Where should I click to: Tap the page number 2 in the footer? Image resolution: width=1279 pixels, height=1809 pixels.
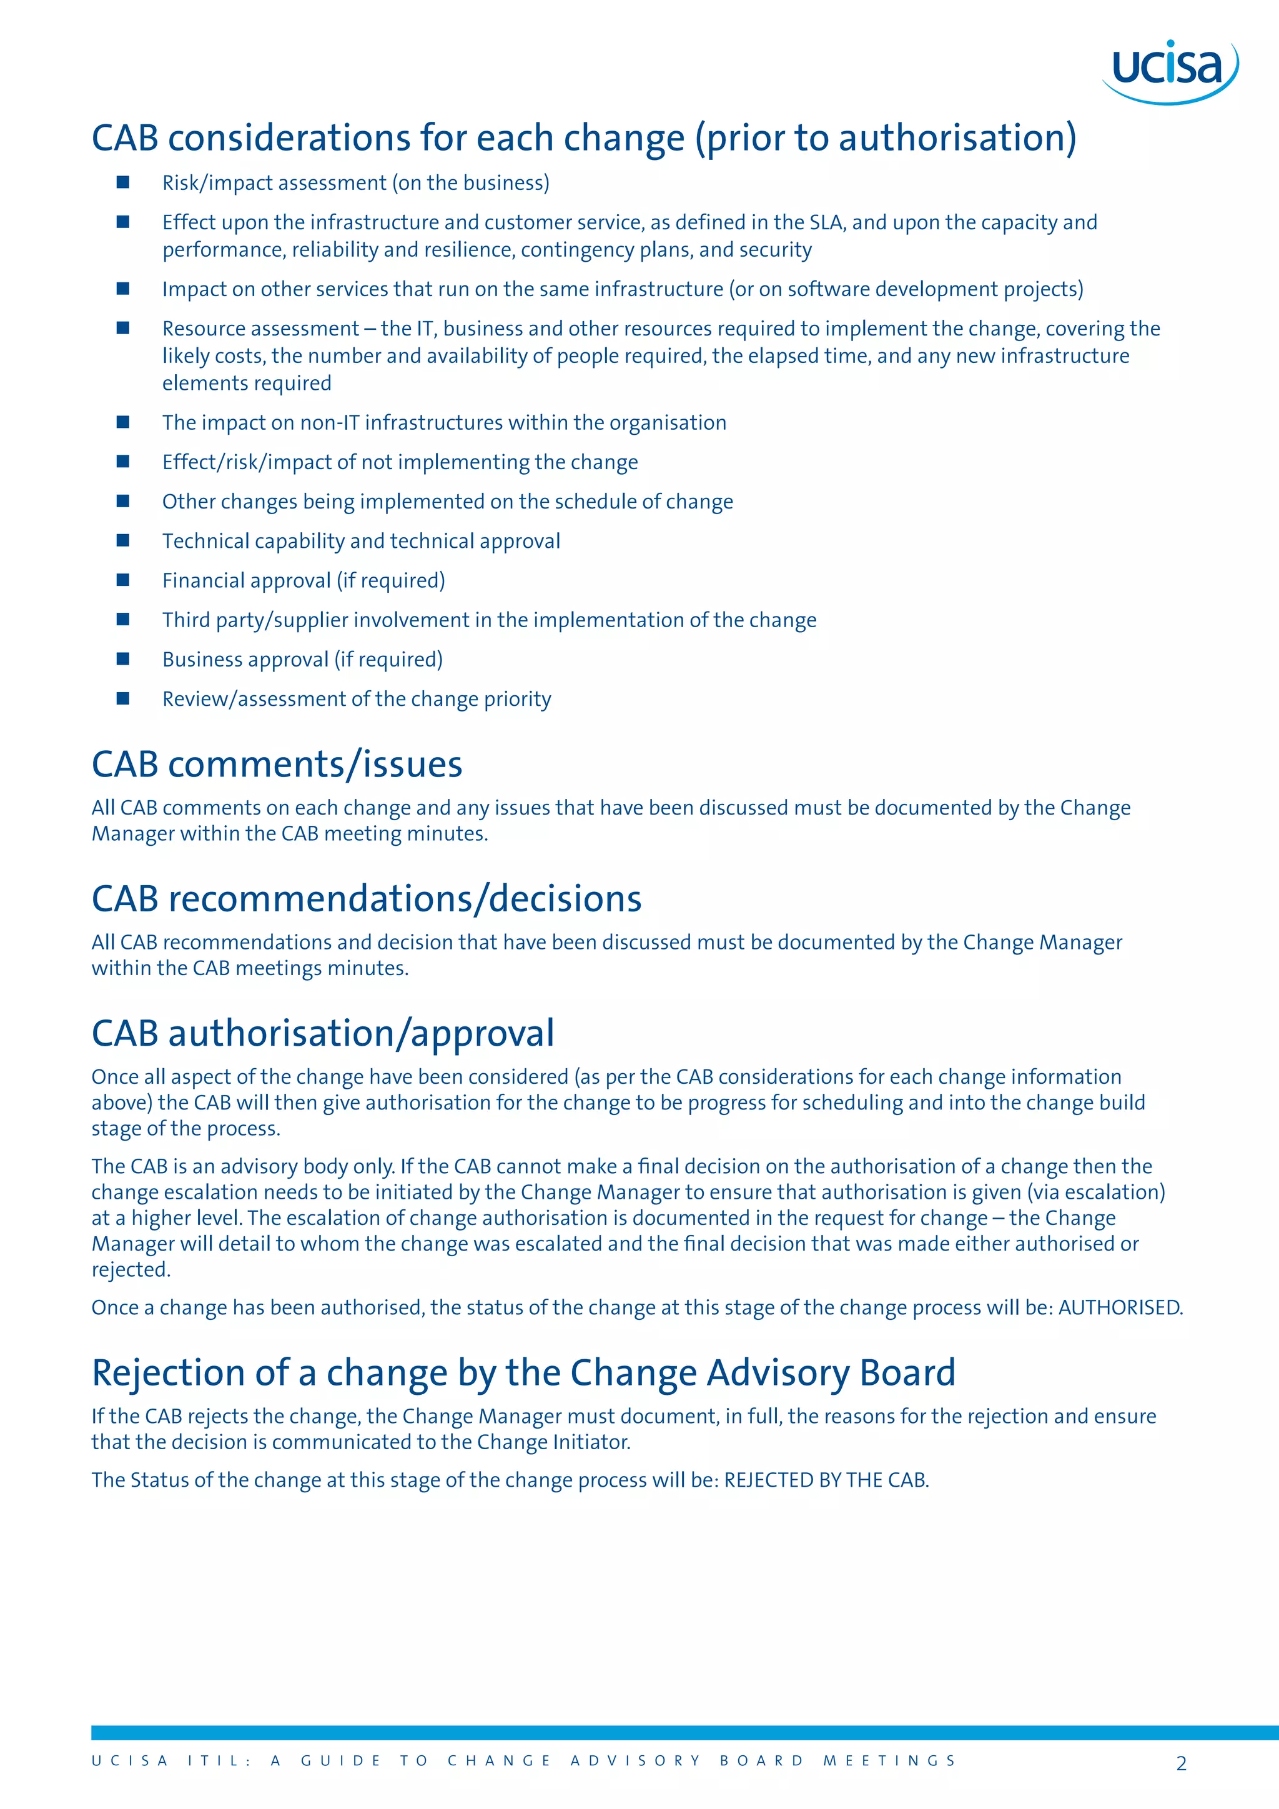(x=1180, y=1763)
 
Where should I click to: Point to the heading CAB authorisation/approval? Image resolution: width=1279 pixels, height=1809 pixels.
(x=323, y=1034)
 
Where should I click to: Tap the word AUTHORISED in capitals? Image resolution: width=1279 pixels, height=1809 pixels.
(x=1119, y=1308)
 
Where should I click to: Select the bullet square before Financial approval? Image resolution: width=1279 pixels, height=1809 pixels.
(x=123, y=580)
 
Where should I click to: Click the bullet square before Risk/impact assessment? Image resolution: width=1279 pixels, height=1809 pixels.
(x=123, y=182)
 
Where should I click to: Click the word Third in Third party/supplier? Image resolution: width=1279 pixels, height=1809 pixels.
(x=186, y=620)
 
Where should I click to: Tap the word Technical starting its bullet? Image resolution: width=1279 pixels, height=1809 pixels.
(x=202, y=542)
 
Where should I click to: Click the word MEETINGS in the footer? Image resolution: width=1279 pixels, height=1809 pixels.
(x=889, y=1761)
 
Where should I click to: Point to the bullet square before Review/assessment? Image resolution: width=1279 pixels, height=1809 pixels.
(x=123, y=698)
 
